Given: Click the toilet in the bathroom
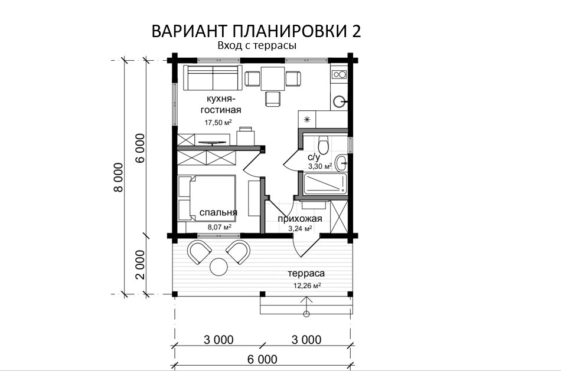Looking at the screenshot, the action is coord(323,145).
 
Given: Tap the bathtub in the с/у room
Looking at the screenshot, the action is coord(325,184).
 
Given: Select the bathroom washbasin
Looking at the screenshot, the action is coord(342,163).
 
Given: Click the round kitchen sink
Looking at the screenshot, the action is coord(339,101).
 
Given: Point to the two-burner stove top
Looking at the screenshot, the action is coord(339,74).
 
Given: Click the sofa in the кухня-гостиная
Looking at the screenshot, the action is coord(213,77).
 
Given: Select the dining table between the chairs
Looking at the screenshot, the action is coord(273,78).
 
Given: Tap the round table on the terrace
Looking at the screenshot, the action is coord(218,266).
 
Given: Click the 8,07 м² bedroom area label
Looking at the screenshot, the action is coord(219,226).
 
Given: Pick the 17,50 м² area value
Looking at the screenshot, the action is coord(218,123).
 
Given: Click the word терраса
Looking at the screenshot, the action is coord(306,274).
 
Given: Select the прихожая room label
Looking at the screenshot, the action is coord(300,219).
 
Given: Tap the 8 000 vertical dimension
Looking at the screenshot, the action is coord(119,178).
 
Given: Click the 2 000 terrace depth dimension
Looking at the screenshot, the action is coord(141,264).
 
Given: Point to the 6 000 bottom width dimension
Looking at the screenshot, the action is coord(262,359).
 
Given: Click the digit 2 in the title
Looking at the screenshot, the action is coord(355,31).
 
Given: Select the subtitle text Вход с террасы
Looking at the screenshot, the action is coord(257,46).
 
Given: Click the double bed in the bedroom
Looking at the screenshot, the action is coord(207,198).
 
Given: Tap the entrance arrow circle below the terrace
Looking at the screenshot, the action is coord(306,314).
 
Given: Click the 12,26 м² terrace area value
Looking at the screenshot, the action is coord(307,285).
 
